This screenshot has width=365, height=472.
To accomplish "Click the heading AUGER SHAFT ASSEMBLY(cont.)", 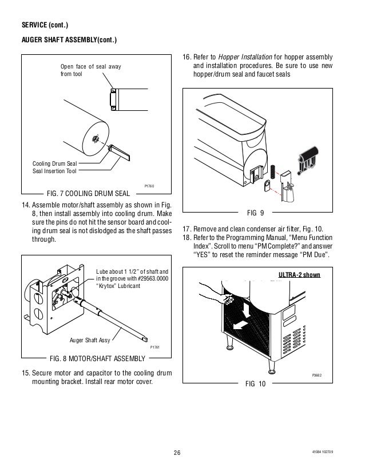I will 69,40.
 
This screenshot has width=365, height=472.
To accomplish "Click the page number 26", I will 176,454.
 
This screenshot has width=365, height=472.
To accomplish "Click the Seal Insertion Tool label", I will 54,170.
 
